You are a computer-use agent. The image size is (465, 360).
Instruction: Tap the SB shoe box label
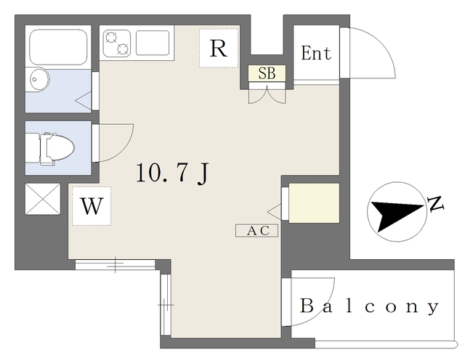[267, 73]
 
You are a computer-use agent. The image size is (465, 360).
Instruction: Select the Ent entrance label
[315, 54]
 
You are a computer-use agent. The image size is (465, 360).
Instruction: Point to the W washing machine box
[91, 206]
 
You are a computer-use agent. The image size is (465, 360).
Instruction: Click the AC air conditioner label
[257, 231]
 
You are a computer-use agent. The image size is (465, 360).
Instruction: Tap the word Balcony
[369, 306]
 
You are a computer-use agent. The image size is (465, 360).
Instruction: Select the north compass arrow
[395, 213]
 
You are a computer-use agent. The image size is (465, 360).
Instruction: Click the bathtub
[59, 46]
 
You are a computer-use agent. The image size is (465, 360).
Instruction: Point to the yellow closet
[314, 203]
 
